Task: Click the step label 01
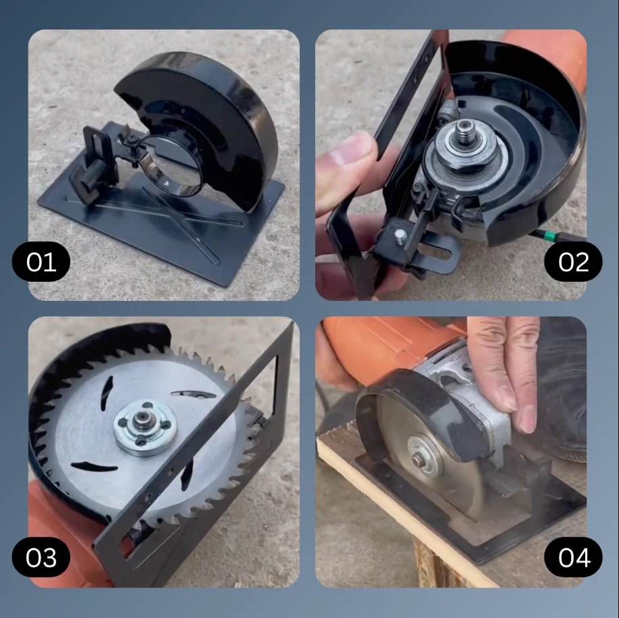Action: click(x=41, y=262)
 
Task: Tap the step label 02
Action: click(x=573, y=262)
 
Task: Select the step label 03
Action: click(x=41, y=557)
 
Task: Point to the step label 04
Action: click(x=573, y=557)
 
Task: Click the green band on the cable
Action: click(x=549, y=235)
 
